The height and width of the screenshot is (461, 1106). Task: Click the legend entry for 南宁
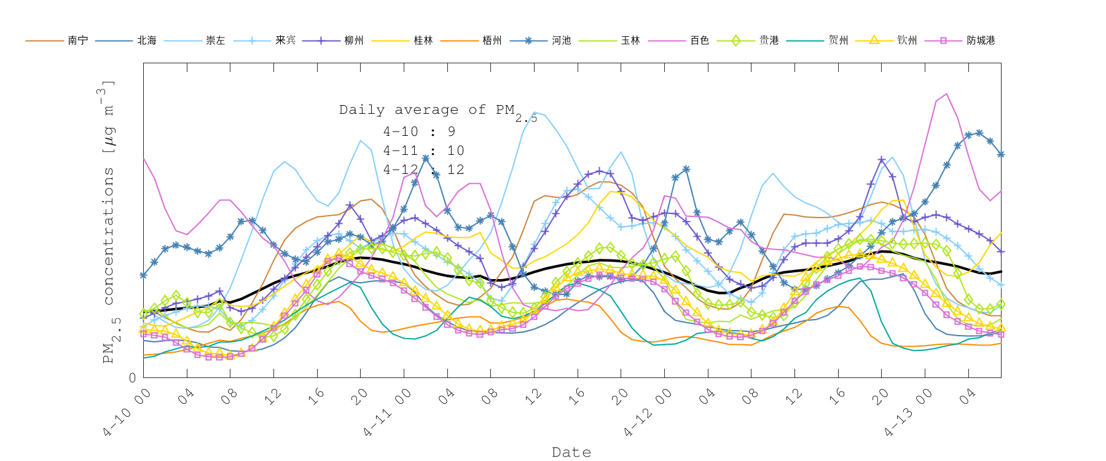coord(77,41)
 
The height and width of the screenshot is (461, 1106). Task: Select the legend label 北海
coord(146,41)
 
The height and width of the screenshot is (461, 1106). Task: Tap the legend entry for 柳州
coord(354,41)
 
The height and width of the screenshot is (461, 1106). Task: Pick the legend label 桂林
coord(423,41)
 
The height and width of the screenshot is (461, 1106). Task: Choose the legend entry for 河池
coord(561,41)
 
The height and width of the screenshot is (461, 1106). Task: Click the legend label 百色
coord(699,41)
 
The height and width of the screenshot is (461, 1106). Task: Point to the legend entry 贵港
coord(769,41)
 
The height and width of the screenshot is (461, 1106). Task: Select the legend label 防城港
coord(981,41)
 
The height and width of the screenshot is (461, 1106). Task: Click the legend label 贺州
coord(838,41)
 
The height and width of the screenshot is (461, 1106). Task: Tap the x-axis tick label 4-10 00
coord(127,412)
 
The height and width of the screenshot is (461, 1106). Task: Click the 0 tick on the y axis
coord(132,378)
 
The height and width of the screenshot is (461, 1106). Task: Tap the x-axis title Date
coord(571,452)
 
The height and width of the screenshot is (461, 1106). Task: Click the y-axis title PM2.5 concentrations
coord(108,221)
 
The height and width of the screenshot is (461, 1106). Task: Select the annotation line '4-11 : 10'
coord(423,151)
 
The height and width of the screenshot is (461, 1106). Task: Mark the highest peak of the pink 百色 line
coord(946,94)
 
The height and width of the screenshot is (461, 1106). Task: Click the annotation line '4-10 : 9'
coord(419,132)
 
